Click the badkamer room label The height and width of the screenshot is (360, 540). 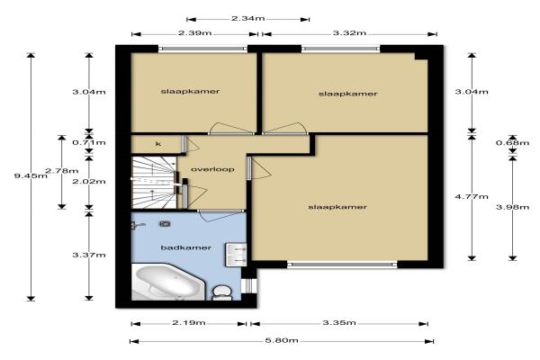click(x=186, y=247)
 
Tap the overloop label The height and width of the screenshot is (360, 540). click(x=212, y=169)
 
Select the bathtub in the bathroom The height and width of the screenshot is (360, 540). click(x=168, y=282)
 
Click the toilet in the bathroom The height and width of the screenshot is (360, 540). click(x=221, y=292)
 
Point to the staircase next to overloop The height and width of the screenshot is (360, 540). click(x=154, y=182)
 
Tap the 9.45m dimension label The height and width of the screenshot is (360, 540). click(x=31, y=176)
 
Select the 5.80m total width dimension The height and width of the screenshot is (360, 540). click(x=282, y=341)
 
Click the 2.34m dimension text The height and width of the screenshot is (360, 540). click(x=248, y=18)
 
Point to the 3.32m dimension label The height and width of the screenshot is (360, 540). click(x=349, y=33)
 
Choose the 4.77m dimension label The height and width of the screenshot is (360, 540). click(x=472, y=197)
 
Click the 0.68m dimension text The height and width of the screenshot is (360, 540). click(x=512, y=142)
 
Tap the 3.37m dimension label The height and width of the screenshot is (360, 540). click(x=89, y=255)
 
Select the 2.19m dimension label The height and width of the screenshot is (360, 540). click(x=189, y=323)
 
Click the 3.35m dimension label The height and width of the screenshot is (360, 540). click(x=339, y=323)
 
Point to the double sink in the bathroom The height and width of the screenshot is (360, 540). click(x=236, y=254)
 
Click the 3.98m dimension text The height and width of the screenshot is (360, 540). click(x=512, y=207)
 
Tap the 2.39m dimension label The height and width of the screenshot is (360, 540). click(x=195, y=33)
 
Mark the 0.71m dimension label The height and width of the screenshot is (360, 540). click(x=89, y=142)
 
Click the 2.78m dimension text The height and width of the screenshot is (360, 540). click(x=62, y=171)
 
